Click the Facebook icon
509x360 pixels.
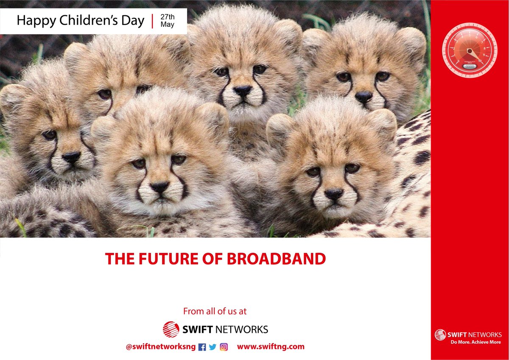[x=202, y=347]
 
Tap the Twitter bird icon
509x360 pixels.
[x=213, y=347]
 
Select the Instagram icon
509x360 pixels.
[x=224, y=347]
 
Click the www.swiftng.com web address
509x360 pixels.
[x=271, y=346]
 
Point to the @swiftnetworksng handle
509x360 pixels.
[x=161, y=346]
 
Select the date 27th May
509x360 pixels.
[x=168, y=21]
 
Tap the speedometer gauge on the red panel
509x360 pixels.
[x=470, y=50]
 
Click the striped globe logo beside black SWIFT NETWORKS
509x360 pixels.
[x=171, y=329]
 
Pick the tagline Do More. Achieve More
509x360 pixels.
[x=475, y=342]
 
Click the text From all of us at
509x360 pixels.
[x=215, y=311]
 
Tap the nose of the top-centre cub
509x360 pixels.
[x=243, y=90]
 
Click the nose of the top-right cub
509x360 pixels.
[x=364, y=96]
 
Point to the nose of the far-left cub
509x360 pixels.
[x=71, y=157]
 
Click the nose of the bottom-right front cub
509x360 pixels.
[x=333, y=194]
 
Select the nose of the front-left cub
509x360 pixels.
[x=160, y=187]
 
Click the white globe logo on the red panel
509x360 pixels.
[x=440, y=335]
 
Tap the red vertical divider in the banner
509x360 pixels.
[x=152, y=21]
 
